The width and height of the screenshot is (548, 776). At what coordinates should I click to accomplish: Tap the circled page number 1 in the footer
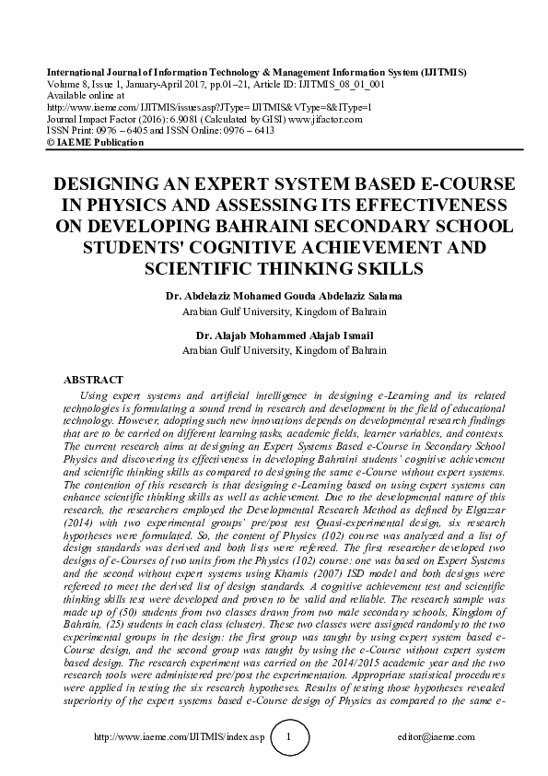coord(291,737)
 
